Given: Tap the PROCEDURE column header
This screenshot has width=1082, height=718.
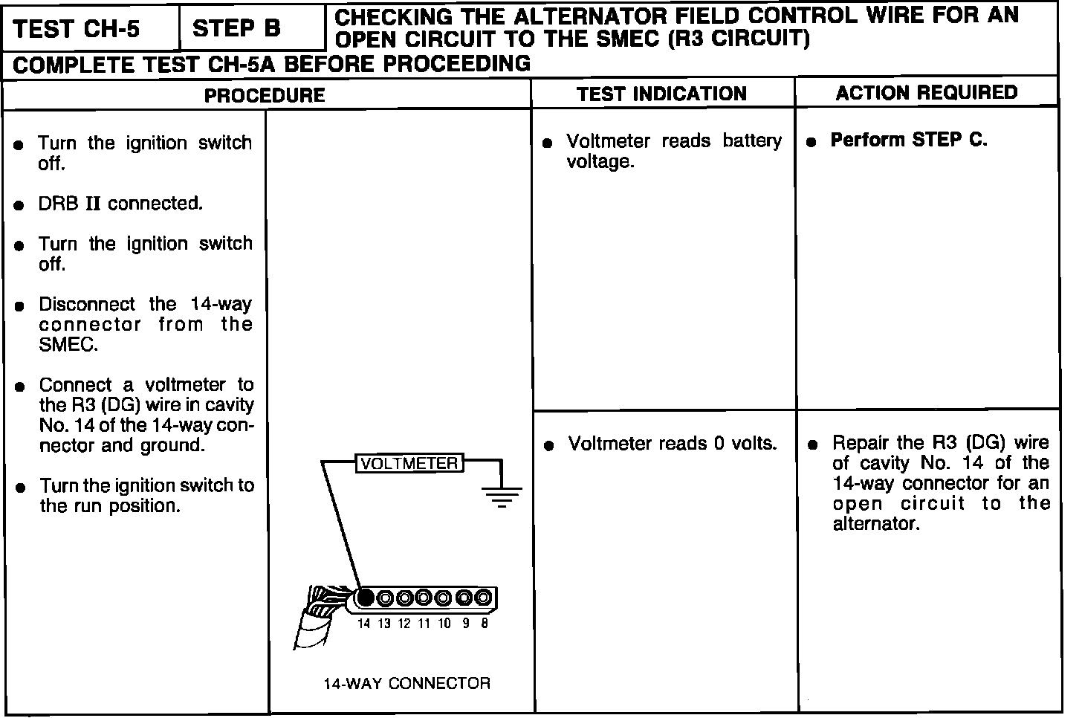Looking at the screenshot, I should (265, 95).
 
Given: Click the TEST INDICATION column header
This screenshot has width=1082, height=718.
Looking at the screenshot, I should (661, 94).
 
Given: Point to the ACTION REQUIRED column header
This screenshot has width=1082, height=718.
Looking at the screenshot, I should (926, 92).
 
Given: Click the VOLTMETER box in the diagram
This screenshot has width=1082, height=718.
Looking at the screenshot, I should (409, 463).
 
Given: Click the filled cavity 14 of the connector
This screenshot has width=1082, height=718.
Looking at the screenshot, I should (366, 598).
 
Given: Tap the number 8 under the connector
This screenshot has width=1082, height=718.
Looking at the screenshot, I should (484, 624).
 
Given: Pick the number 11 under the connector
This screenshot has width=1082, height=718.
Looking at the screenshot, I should (424, 624).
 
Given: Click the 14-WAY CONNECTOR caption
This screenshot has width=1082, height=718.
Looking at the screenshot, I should (406, 683).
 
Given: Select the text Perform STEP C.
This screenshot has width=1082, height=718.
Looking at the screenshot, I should (908, 140).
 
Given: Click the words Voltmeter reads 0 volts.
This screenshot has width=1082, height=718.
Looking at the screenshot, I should (672, 444).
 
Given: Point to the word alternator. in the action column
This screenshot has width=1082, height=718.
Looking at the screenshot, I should (876, 524).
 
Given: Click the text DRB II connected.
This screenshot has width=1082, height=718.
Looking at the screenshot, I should (120, 204).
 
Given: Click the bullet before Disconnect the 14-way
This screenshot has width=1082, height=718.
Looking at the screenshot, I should (21, 305).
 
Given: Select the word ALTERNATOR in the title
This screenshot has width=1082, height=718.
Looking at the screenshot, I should (583, 16).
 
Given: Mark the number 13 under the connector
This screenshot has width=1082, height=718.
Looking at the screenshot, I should (383, 624).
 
